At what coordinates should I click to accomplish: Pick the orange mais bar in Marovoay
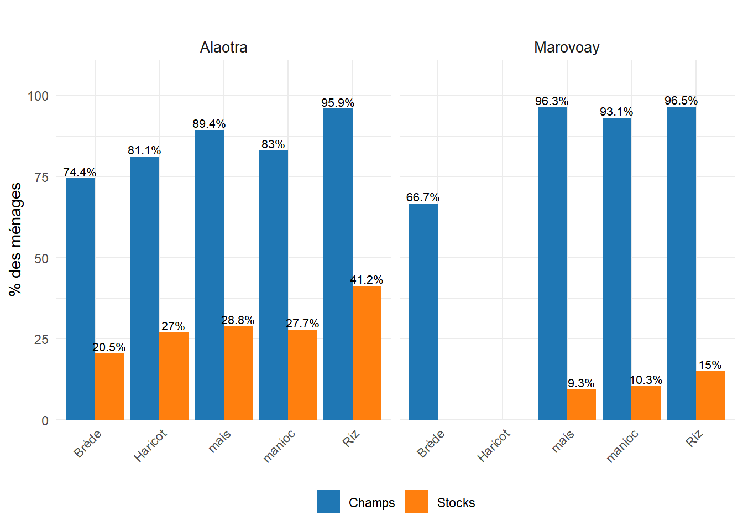(x=582, y=404)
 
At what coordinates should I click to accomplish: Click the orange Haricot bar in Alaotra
(x=174, y=376)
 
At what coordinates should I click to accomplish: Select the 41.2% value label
(x=367, y=280)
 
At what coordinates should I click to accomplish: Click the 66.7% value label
(x=423, y=197)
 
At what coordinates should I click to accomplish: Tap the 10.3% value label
(x=646, y=380)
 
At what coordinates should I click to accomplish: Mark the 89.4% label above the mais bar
(x=209, y=124)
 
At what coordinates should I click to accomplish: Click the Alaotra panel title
(x=223, y=48)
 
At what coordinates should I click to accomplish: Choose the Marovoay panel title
(x=567, y=48)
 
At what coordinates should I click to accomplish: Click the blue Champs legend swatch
(x=328, y=502)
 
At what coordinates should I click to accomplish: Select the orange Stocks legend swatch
(x=416, y=502)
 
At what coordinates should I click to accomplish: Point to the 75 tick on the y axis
(x=41, y=177)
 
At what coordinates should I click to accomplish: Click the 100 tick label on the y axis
(x=38, y=96)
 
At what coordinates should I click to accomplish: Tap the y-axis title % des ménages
(x=15, y=239)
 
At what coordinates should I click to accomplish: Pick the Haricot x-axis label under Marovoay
(x=494, y=445)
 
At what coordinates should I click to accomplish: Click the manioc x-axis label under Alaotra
(x=279, y=446)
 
